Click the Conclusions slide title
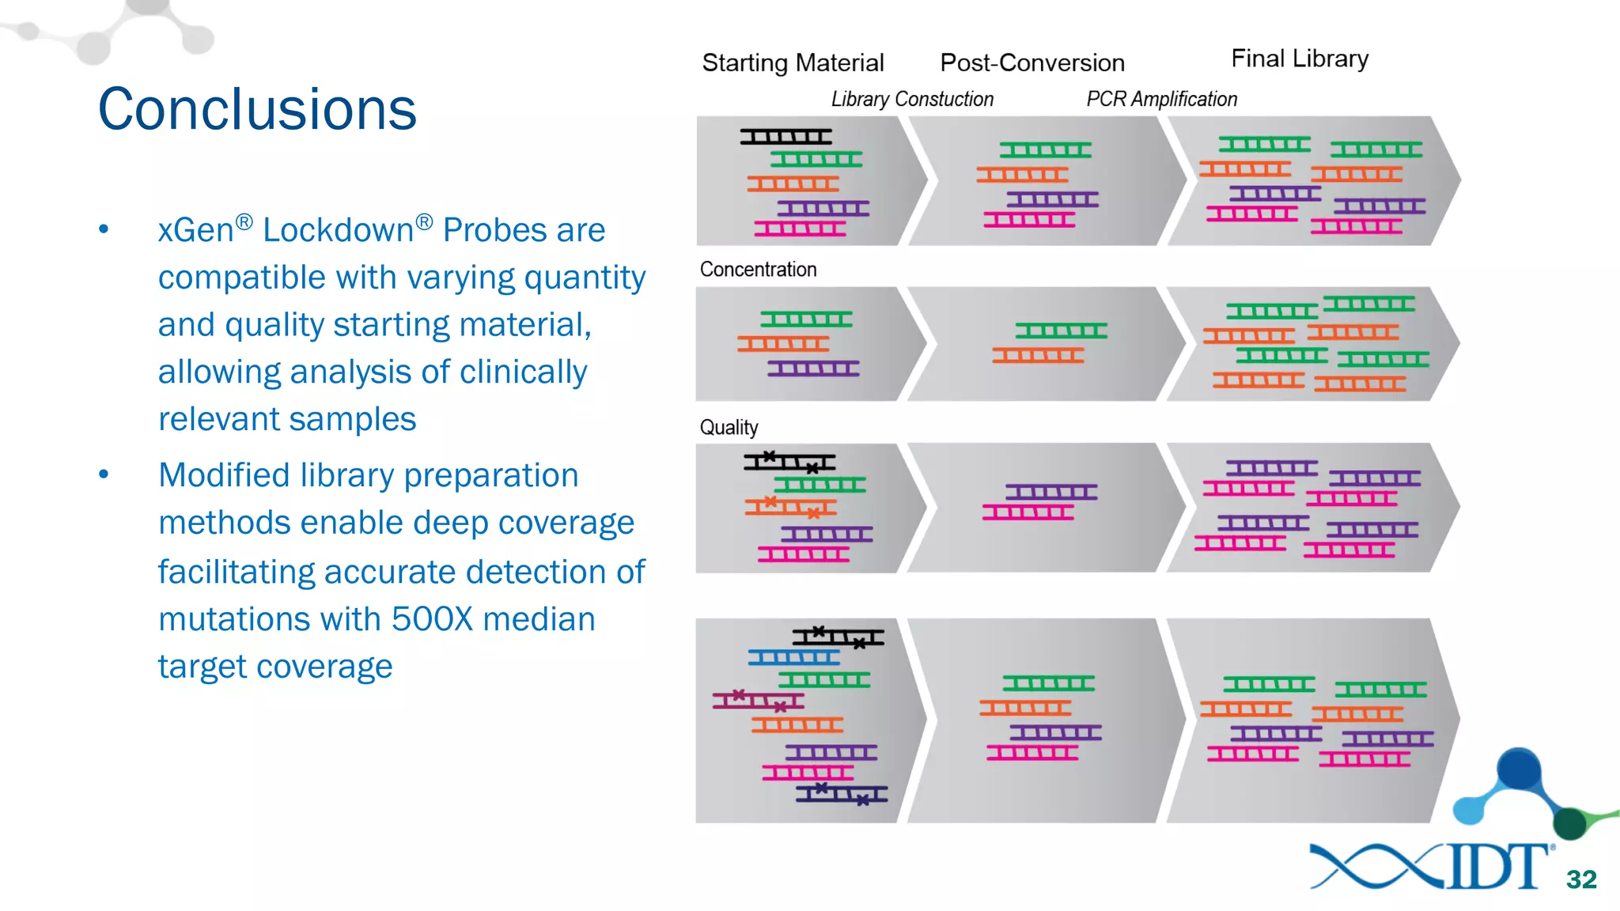click(257, 109)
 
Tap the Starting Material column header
click(793, 62)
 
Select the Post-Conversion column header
click(1032, 62)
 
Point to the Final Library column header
click(1300, 59)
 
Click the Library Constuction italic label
click(912, 99)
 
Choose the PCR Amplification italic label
click(1161, 99)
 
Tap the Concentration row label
click(758, 270)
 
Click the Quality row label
click(729, 428)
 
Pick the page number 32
click(1581, 879)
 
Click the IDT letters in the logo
click(1497, 867)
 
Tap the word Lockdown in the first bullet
click(339, 230)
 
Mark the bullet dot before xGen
click(104, 230)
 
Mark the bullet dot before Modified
click(104, 475)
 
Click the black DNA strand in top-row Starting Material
click(785, 137)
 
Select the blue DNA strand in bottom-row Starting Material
click(793, 657)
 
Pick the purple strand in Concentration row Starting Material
click(813, 369)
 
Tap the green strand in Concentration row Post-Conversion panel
click(1061, 331)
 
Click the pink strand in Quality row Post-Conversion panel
click(1028, 513)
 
